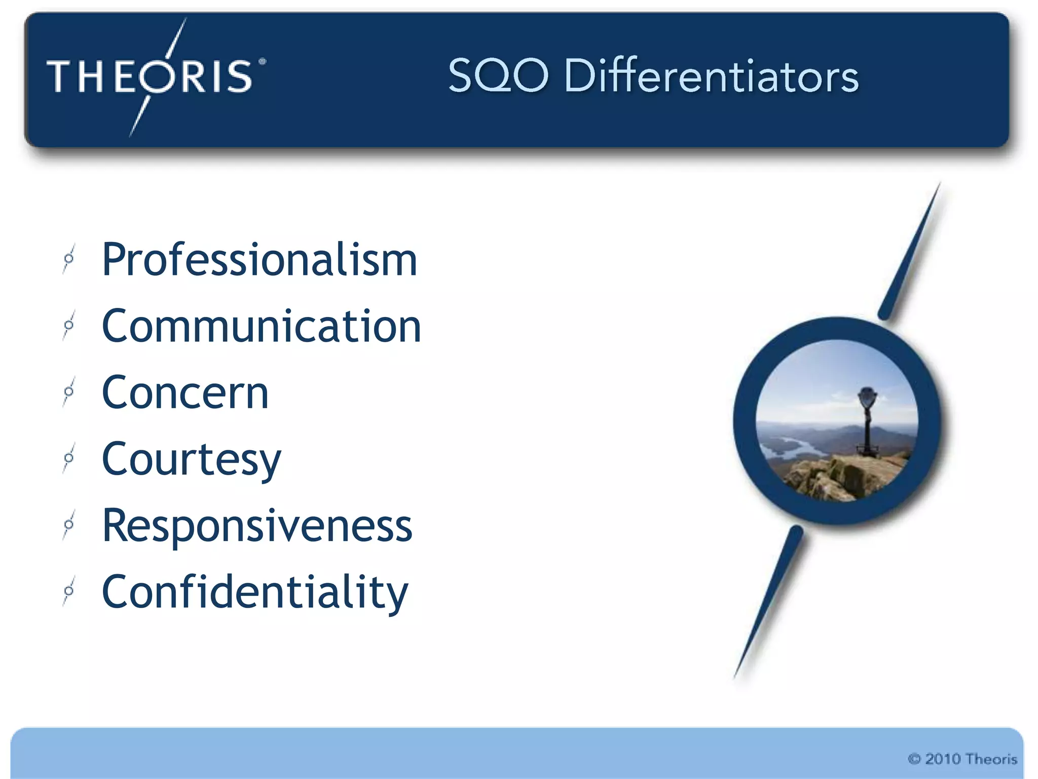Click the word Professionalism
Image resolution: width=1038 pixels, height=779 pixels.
coord(259,260)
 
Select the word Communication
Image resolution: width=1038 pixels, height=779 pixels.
coord(261,326)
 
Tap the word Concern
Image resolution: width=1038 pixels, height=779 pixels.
coord(185,393)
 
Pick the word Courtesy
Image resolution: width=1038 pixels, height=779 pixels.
coord(191,459)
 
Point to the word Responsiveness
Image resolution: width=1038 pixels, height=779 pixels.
coord(257,525)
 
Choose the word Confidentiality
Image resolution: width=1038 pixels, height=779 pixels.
coord(254,592)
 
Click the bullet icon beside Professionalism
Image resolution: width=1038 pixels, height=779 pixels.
coord(69,259)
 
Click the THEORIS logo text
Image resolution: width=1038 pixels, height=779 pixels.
coord(150,77)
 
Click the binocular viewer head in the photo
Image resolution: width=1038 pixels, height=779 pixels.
coord(867,396)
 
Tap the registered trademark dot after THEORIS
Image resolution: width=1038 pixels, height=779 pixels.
coord(262,62)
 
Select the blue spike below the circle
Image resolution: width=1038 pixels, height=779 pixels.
coord(770,598)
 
